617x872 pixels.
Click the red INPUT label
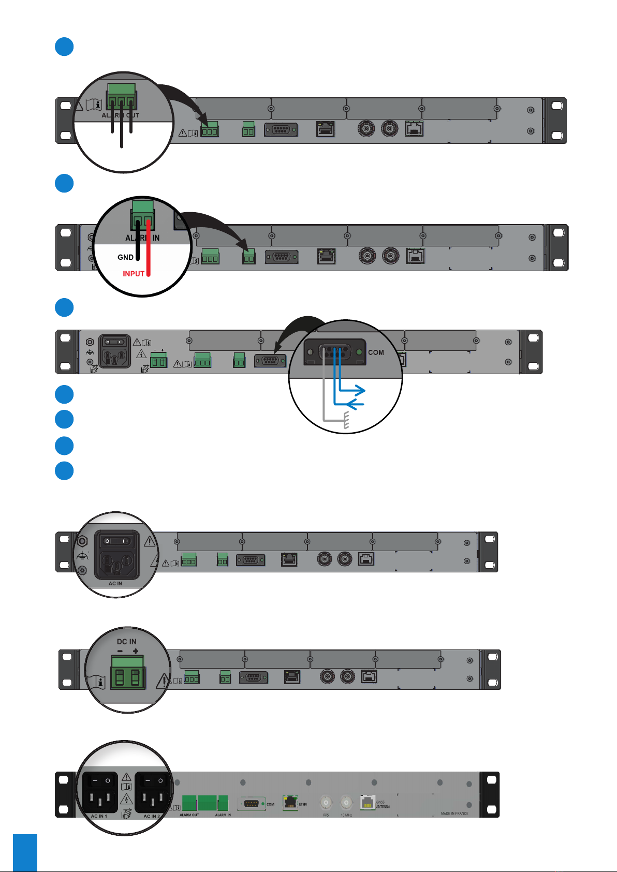pyautogui.click(x=133, y=274)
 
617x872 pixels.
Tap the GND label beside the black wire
pyautogui.click(x=125, y=257)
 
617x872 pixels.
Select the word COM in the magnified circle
pyautogui.click(x=376, y=352)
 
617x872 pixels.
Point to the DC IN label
pyautogui.click(x=127, y=642)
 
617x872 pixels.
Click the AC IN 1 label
pyautogui.click(x=99, y=816)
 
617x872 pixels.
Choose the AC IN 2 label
pyautogui.click(x=152, y=816)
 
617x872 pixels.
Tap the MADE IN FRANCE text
pyautogui.click(x=454, y=814)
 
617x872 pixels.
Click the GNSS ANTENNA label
pyautogui.click(x=383, y=804)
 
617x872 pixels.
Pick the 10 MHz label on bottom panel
pyautogui.click(x=346, y=815)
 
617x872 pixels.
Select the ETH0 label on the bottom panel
pyautogui.click(x=303, y=805)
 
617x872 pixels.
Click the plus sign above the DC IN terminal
pyautogui.click(x=136, y=651)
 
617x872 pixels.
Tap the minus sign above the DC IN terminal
pyautogui.click(x=120, y=651)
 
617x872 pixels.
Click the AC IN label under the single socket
pyautogui.click(x=115, y=584)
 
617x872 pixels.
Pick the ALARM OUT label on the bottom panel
pyautogui.click(x=189, y=815)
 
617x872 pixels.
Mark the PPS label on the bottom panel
pyautogui.click(x=326, y=815)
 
